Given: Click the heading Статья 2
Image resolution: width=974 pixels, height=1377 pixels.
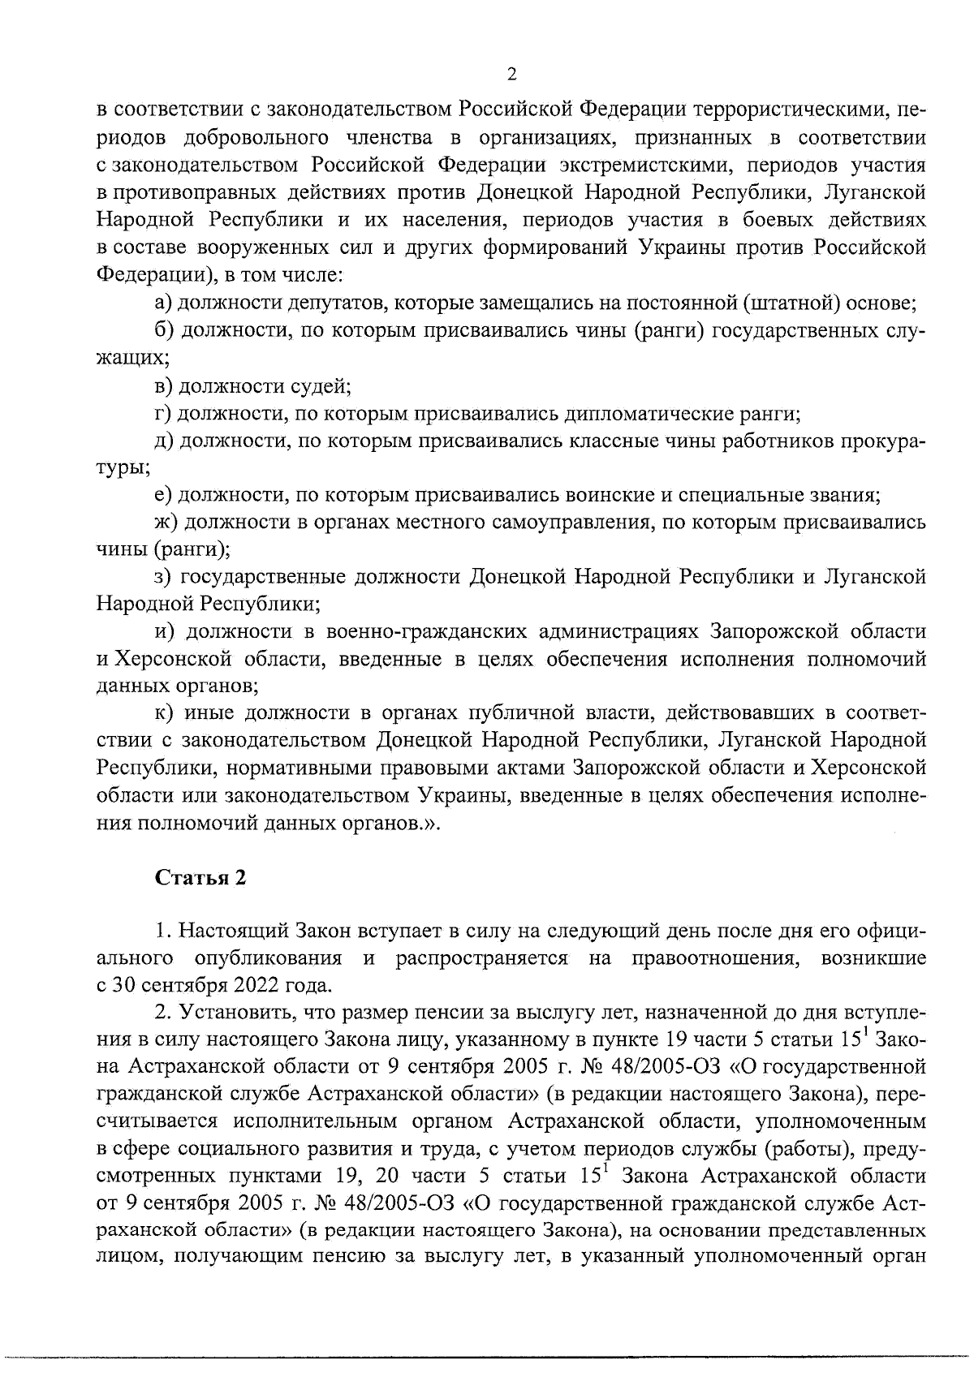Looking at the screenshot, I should point(200,879).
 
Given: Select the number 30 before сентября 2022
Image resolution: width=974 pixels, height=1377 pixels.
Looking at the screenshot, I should point(123,986).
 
